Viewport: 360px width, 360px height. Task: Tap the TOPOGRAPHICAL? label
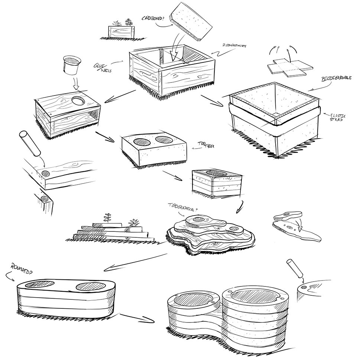tap(182, 208)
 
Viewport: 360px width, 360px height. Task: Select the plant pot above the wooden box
tap(72, 65)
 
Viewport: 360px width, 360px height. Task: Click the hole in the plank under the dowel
tap(46, 173)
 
